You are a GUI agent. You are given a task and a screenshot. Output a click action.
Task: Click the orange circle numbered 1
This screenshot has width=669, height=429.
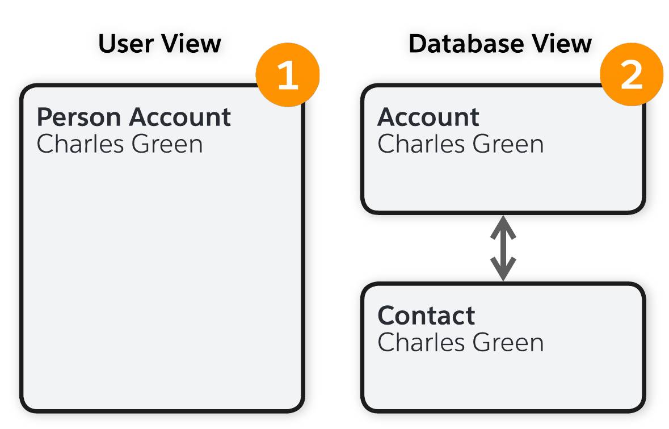click(288, 75)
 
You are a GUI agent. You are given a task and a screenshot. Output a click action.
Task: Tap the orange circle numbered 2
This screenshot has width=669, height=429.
click(631, 75)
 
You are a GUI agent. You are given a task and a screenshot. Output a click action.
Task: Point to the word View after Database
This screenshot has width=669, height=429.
click(562, 44)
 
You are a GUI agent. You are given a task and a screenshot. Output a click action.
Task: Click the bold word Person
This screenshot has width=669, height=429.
click(79, 117)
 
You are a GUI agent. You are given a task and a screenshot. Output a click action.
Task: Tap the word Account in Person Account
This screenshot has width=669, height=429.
click(180, 117)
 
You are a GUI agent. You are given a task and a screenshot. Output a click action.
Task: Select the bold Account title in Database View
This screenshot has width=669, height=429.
click(428, 117)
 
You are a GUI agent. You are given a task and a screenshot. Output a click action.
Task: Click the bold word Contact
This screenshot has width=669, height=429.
click(426, 316)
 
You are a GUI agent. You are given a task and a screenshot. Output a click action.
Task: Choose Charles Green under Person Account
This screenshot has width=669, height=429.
click(120, 144)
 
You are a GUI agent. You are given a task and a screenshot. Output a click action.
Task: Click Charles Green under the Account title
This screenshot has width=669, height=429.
click(460, 144)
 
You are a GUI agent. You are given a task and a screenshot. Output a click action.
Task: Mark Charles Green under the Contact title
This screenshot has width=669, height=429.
click(460, 343)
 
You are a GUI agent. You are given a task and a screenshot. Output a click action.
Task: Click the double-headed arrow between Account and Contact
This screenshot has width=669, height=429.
click(503, 249)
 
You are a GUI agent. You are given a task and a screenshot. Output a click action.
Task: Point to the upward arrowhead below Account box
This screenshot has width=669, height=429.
click(503, 227)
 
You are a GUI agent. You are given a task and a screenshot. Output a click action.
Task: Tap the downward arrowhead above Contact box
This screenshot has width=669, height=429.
click(503, 269)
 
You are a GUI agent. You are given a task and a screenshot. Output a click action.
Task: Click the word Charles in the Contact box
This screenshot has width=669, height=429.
click(421, 343)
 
